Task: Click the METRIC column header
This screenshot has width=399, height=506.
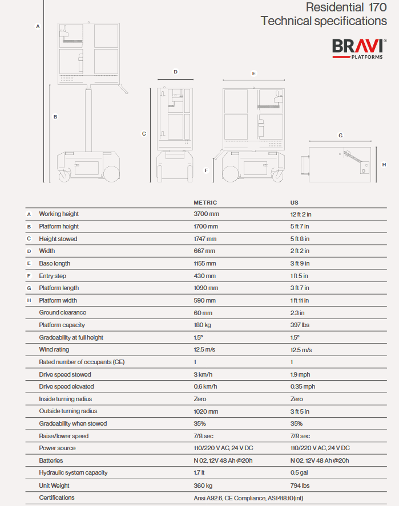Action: (x=205, y=203)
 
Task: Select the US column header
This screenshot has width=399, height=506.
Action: (x=295, y=203)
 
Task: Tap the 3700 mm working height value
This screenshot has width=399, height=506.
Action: (x=206, y=214)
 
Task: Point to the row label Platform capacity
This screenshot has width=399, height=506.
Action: (x=62, y=325)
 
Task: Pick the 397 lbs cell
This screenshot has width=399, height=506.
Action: (x=300, y=325)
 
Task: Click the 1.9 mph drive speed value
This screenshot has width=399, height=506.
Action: (x=301, y=374)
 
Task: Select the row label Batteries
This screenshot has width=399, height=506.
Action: (x=51, y=460)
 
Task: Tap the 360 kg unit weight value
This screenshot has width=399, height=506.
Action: (x=203, y=485)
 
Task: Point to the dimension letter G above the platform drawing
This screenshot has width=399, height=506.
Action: (x=341, y=136)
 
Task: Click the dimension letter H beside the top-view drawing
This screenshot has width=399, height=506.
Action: (x=384, y=164)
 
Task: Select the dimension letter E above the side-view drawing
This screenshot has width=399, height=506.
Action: (x=253, y=74)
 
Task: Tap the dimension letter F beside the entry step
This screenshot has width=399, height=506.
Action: (x=206, y=170)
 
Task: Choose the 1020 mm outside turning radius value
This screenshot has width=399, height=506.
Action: (x=206, y=411)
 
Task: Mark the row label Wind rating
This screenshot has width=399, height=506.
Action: (x=54, y=350)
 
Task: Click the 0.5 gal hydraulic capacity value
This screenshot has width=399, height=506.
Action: (x=299, y=473)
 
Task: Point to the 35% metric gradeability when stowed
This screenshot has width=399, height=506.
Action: (x=200, y=424)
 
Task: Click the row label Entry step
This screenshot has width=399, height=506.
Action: (x=53, y=276)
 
